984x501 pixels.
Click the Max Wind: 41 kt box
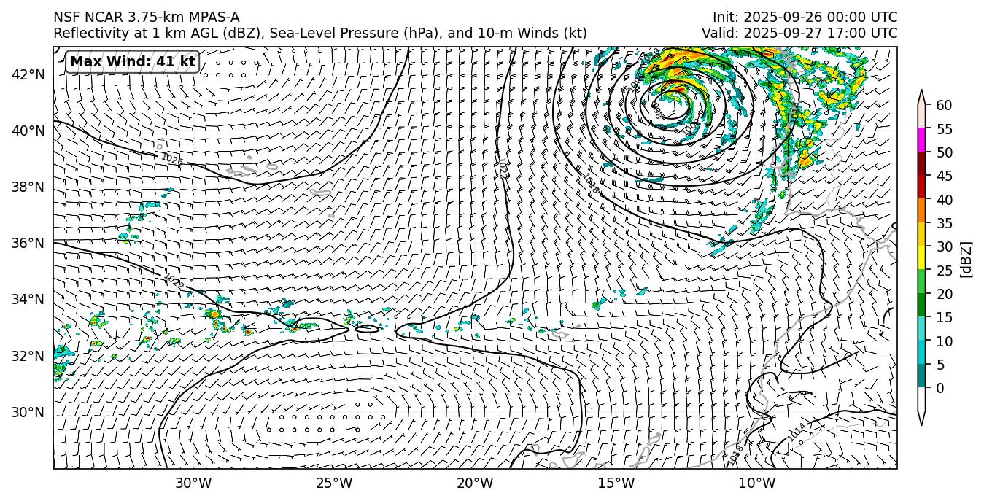coord(133,62)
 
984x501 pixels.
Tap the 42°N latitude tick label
coord(28,74)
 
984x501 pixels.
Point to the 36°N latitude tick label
coord(28,243)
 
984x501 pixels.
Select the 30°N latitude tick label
coord(28,412)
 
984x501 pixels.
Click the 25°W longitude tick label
coord(334,483)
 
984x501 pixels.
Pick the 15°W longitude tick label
coord(616,483)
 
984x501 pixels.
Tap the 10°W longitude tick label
coord(756,483)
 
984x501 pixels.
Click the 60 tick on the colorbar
coord(944,106)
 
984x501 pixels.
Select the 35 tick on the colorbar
coord(944,223)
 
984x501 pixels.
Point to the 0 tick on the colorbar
coord(940,388)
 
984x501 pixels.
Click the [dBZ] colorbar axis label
coord(967,259)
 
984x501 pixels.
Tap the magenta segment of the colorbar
coord(921,140)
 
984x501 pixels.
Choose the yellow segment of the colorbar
coord(921,258)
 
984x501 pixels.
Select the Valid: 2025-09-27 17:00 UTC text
coord(799,34)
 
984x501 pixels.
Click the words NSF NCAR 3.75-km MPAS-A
coord(146,18)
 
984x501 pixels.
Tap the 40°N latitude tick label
coord(28,131)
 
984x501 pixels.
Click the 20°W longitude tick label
coord(475,483)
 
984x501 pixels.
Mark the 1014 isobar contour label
coord(797,432)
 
